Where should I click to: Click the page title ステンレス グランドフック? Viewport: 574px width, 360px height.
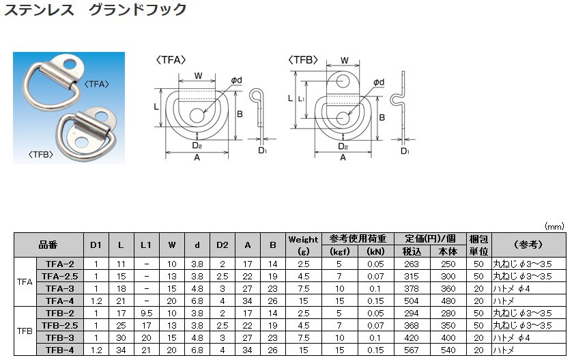[96, 9]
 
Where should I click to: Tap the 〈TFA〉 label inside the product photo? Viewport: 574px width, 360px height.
[97, 84]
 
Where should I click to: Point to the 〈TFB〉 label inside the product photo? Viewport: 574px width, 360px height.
[41, 154]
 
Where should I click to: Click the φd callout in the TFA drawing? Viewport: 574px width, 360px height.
[236, 80]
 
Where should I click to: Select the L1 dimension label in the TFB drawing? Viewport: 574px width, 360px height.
[301, 99]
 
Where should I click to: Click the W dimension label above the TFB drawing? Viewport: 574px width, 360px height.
[344, 60]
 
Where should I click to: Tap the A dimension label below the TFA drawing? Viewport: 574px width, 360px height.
[197, 158]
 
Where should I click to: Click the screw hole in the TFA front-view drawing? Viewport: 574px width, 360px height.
[197, 115]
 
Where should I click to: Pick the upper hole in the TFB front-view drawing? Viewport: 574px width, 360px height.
[343, 81]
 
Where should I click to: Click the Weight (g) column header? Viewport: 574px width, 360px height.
[304, 245]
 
